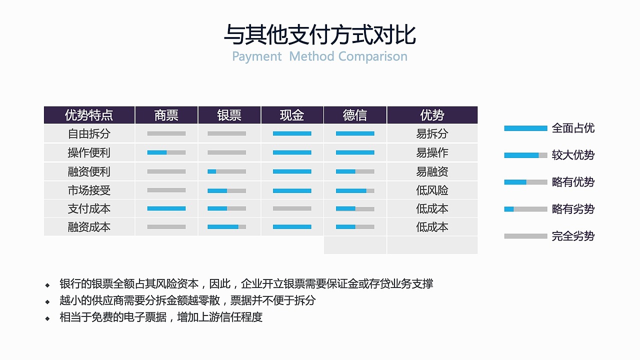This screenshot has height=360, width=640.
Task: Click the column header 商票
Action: tap(166, 115)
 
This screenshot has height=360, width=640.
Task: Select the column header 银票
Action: tap(229, 115)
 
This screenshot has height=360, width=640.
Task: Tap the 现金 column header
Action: tap(292, 115)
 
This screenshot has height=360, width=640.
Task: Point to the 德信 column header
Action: tap(355, 115)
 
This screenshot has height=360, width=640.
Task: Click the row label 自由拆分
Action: tap(89, 134)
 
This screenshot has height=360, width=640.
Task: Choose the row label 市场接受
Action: tap(89, 190)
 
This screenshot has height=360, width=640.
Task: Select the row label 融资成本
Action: tap(89, 227)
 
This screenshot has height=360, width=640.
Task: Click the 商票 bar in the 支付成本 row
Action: tap(166, 208)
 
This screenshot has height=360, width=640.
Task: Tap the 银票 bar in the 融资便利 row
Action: tap(226, 171)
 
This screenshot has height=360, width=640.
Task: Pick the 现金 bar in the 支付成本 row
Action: tap(292, 208)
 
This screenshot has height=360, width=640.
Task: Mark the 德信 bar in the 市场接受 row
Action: tap(355, 190)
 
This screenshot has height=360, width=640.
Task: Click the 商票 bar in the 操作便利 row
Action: tap(166, 152)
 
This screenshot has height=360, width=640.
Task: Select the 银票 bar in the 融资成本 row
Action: tap(226, 227)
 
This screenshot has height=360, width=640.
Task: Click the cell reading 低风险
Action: tap(432, 190)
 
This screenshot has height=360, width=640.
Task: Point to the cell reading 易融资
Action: tap(432, 171)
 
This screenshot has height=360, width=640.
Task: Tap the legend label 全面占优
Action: tap(573, 128)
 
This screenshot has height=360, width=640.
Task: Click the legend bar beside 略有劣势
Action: tap(525, 209)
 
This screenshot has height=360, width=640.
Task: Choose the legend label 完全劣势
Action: tap(573, 236)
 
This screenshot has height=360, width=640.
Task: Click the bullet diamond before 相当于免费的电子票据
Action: tap(47, 318)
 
